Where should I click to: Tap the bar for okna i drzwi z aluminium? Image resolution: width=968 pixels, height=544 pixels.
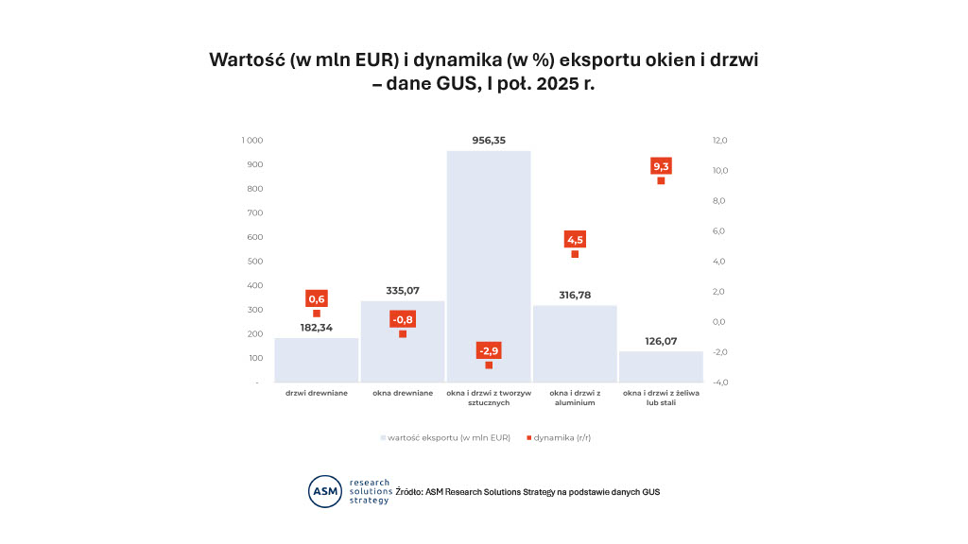point(575,345)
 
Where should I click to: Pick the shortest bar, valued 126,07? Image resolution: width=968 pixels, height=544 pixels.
point(661,367)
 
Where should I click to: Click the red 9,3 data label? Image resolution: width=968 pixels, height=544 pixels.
point(661,166)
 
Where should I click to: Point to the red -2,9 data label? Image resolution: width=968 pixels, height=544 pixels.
point(489,350)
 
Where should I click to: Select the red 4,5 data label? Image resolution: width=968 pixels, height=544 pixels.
point(575,239)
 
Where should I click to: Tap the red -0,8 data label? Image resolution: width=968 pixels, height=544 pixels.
point(403,318)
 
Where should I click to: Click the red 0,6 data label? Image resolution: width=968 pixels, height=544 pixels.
point(317,298)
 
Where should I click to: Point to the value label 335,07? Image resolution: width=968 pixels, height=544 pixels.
point(403,290)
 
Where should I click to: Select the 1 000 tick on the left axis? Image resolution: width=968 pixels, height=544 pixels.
point(251,141)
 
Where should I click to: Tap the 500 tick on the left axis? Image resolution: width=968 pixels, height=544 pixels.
point(254,262)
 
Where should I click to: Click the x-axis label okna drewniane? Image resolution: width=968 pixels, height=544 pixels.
point(403,393)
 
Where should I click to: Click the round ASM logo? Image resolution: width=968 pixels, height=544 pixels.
point(325,491)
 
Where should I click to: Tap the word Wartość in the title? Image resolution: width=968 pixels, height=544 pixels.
point(248,59)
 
